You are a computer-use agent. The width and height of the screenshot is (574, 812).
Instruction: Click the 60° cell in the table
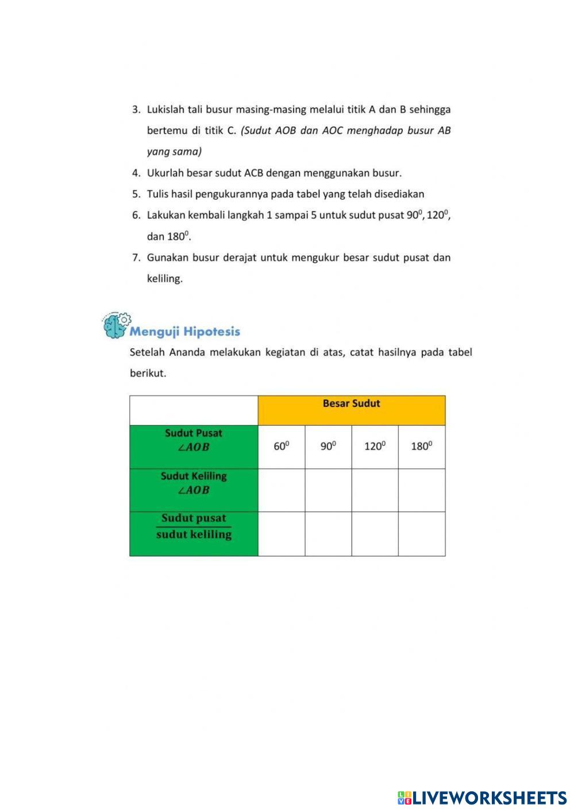click(x=281, y=447)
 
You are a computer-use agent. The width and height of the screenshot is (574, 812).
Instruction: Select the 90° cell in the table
click(x=328, y=447)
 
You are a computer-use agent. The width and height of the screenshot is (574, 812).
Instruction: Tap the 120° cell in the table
click(x=375, y=447)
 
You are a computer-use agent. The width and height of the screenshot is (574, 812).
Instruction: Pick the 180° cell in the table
click(x=422, y=447)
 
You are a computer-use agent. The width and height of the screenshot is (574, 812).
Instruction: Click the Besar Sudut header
click(x=351, y=404)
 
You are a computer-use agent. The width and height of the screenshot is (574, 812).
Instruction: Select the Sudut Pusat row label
click(x=194, y=440)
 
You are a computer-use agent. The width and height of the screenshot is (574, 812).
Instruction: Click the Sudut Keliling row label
click(x=194, y=483)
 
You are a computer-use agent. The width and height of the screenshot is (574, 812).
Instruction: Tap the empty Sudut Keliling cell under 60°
click(x=281, y=490)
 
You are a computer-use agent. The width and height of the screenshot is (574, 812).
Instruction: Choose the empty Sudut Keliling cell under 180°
click(x=422, y=490)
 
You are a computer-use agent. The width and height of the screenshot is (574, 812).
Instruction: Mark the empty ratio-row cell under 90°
click(x=328, y=534)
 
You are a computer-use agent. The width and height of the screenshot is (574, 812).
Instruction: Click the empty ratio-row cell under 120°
click(x=375, y=534)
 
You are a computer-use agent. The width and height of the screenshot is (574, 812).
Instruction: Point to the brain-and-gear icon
click(x=117, y=325)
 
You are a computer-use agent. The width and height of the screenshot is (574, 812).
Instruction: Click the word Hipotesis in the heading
click(x=211, y=332)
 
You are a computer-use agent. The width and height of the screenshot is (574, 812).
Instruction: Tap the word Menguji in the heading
click(x=155, y=332)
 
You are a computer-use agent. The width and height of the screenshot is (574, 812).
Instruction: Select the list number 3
click(x=136, y=110)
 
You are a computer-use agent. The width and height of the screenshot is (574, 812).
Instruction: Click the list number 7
click(x=136, y=258)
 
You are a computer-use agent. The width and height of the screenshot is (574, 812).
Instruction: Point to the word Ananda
click(x=187, y=352)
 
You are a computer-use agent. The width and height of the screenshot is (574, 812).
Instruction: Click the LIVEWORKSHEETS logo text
click(x=489, y=798)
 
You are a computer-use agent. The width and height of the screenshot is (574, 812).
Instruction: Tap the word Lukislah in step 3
click(x=165, y=110)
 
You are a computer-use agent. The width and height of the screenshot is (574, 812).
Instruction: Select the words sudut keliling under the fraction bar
click(x=194, y=535)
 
